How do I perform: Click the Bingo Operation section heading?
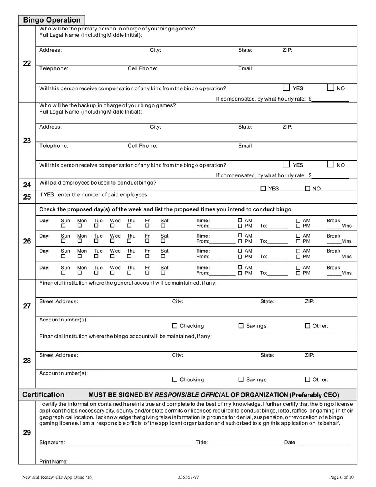tap(51, 20)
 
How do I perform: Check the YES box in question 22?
tap(287, 88)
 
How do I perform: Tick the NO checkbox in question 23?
tap(330, 164)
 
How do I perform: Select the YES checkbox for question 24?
tap(263, 189)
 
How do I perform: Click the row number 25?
tap(27, 197)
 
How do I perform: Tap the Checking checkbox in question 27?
tap(175, 326)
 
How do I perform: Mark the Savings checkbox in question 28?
tap(241, 379)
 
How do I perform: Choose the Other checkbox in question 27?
tap(308, 326)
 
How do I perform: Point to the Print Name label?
tap(53, 461)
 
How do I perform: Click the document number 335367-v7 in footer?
tap(189, 477)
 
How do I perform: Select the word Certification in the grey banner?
tap(43, 394)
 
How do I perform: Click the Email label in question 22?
tap(245, 68)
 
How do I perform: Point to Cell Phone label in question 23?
tap(142, 146)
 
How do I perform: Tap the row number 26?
tap(27, 241)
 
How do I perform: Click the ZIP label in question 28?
tap(309, 355)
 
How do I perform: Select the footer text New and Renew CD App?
tap(58, 477)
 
